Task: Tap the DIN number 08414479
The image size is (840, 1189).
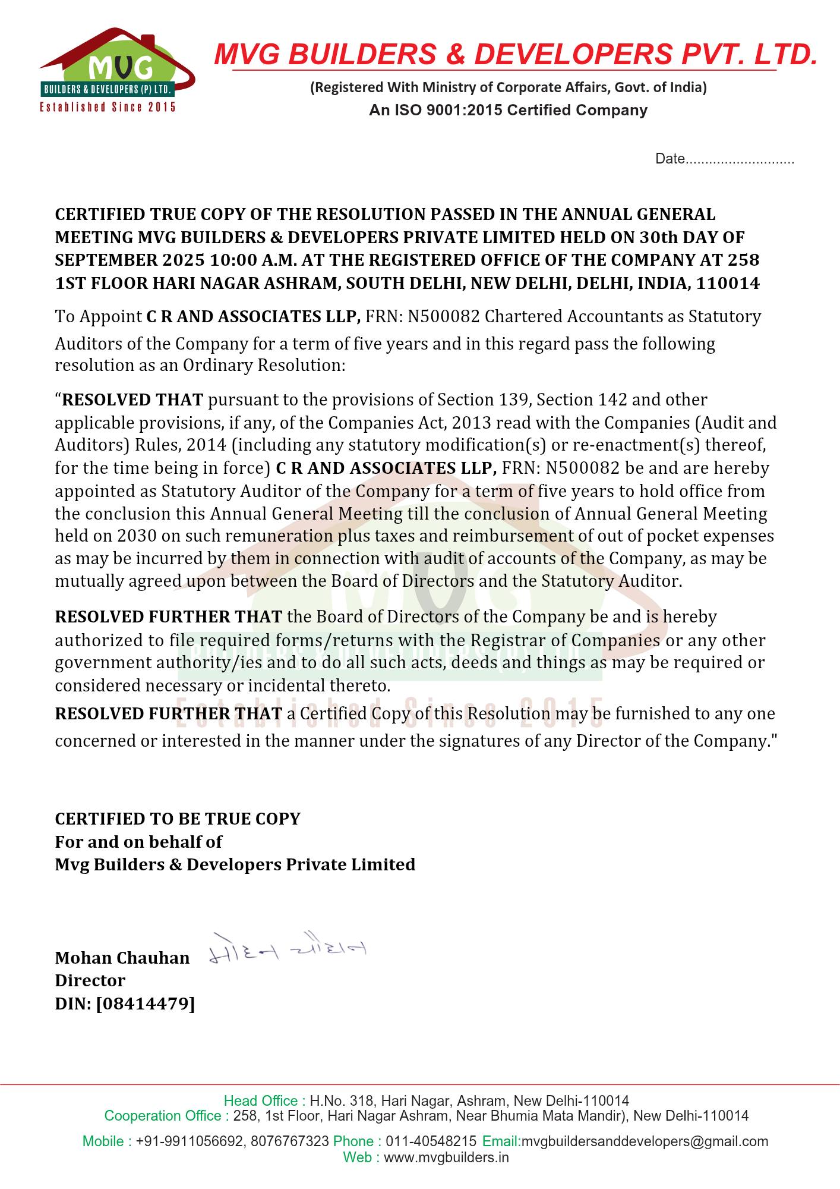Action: point(145,1004)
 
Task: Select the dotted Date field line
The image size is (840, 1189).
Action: point(740,160)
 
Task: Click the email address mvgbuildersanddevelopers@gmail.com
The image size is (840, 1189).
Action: point(645,1141)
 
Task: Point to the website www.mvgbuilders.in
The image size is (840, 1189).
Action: point(446,1157)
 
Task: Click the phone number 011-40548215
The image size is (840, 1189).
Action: point(431,1141)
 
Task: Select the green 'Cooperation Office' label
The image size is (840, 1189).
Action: point(166,1116)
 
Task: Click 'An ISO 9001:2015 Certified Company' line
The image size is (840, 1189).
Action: point(508,110)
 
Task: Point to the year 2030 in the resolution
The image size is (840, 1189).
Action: point(137,536)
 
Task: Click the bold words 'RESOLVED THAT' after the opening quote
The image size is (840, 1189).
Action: point(132,400)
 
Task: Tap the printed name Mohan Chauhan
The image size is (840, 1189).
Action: point(122,958)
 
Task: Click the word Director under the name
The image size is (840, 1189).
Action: point(90,980)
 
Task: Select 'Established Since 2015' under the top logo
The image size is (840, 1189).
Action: point(108,107)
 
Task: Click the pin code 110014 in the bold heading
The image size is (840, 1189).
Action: point(728,283)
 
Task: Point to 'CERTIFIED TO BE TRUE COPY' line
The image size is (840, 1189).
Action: point(178,819)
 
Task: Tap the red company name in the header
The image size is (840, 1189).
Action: point(516,54)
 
